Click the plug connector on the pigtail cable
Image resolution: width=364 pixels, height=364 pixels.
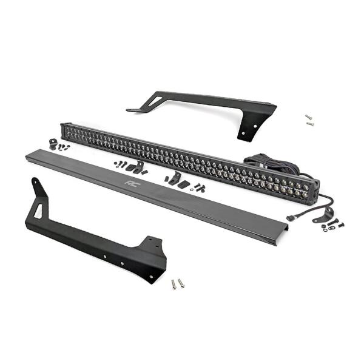tap(289, 218)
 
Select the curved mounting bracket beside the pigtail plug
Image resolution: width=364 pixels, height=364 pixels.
tap(323, 215)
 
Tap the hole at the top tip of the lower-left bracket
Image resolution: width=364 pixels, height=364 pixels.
tap(35, 181)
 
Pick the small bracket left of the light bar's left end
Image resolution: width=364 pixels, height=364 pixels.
tap(53, 143)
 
